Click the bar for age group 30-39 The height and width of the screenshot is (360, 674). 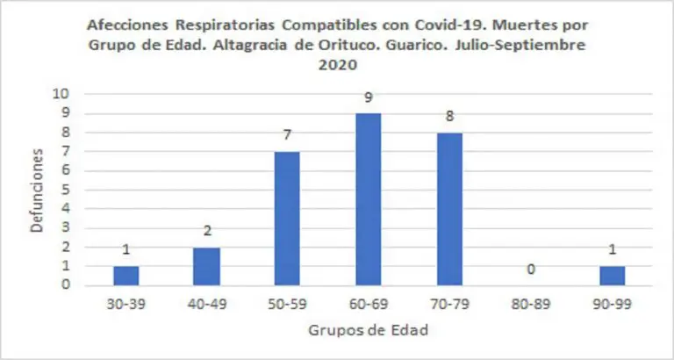[125, 276]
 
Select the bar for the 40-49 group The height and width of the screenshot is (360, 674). [207, 266]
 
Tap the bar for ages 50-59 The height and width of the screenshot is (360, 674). [287, 219]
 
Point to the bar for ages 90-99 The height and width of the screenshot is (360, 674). [613, 276]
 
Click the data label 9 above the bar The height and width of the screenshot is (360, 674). [369, 97]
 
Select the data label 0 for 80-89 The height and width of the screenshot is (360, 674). [531, 269]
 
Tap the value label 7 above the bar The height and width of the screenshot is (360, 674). [287, 135]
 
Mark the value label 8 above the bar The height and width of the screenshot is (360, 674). [450, 117]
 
